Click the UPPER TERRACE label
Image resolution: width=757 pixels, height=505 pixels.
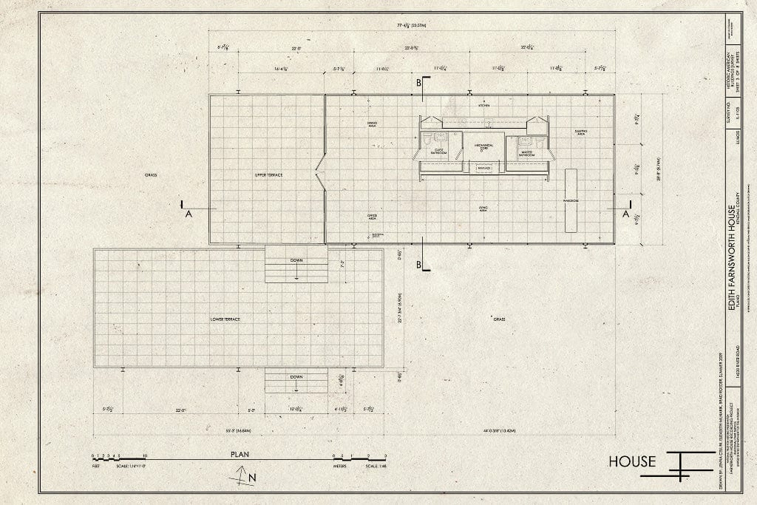click(x=268, y=174)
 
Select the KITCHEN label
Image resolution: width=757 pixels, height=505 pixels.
click(x=483, y=106)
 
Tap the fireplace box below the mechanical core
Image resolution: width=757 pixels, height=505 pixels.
click(x=484, y=169)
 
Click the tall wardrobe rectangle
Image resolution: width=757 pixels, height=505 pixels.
click(x=571, y=200)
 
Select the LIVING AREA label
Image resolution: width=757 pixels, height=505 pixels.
click(x=484, y=209)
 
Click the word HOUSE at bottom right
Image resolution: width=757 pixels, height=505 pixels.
click(x=632, y=462)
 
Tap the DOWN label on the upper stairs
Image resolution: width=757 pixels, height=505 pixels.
click(x=296, y=261)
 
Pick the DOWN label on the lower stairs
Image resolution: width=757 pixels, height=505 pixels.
click(x=296, y=376)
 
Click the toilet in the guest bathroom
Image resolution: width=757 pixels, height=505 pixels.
click(x=427, y=140)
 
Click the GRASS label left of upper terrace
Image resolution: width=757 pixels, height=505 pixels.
click(x=152, y=175)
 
